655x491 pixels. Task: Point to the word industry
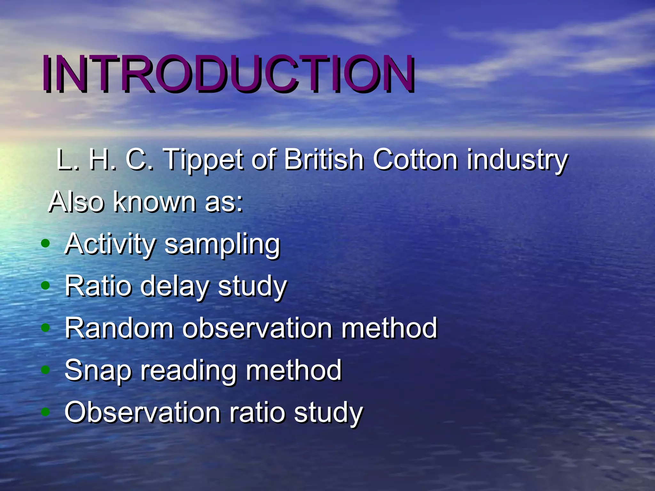click(517, 160)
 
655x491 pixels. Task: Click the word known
click(154, 202)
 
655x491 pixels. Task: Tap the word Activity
click(110, 244)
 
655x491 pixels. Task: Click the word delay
click(175, 286)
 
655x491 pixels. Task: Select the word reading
click(189, 371)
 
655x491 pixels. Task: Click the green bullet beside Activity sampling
click(46, 244)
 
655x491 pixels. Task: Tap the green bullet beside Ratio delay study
click(46, 286)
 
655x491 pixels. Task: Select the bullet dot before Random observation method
click(46, 328)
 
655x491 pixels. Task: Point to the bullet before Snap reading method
click(46, 370)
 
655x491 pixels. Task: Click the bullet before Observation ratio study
click(46, 412)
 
